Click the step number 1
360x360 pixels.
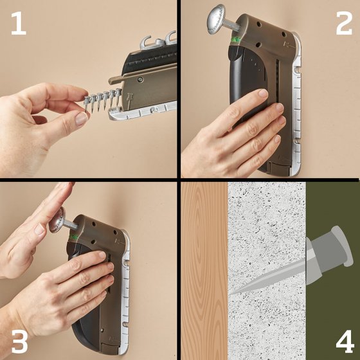[x=19, y=24]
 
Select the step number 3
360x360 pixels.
[x=19, y=340]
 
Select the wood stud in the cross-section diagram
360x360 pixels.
[x=203, y=270]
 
